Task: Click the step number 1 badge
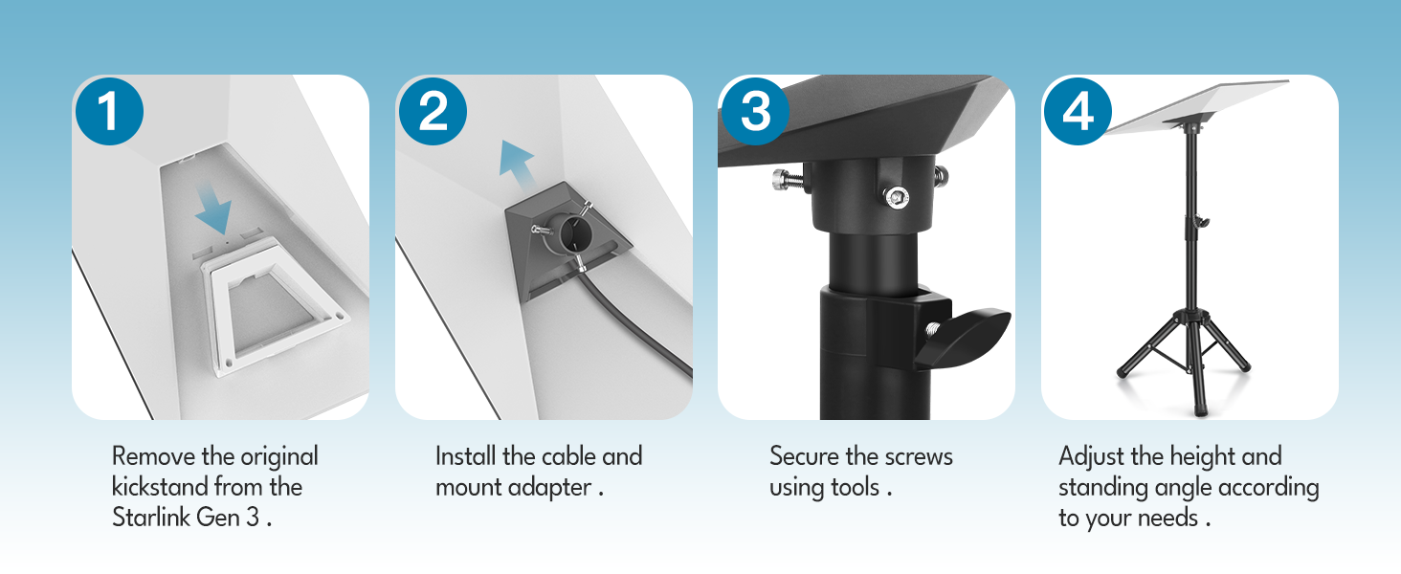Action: click(x=109, y=111)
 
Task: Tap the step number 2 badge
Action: click(x=433, y=111)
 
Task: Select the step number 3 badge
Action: click(x=756, y=111)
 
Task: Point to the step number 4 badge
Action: click(x=1078, y=111)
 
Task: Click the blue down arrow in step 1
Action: click(x=214, y=208)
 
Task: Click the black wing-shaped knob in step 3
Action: click(x=962, y=338)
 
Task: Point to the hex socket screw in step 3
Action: click(x=897, y=198)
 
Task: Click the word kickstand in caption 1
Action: click(x=160, y=486)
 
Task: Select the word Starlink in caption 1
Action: click(x=151, y=518)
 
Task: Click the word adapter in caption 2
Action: click(x=551, y=488)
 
